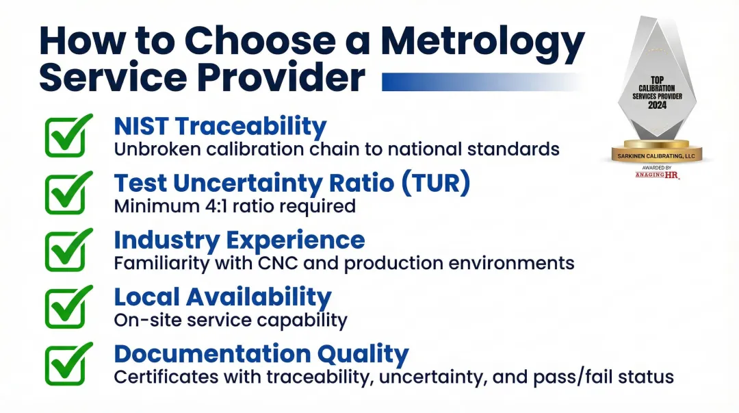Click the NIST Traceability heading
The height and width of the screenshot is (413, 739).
[x=220, y=126]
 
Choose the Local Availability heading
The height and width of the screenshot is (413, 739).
[x=222, y=297]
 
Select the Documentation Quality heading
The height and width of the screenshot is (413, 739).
[x=261, y=353]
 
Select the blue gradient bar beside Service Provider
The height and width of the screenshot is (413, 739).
[x=479, y=82]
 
